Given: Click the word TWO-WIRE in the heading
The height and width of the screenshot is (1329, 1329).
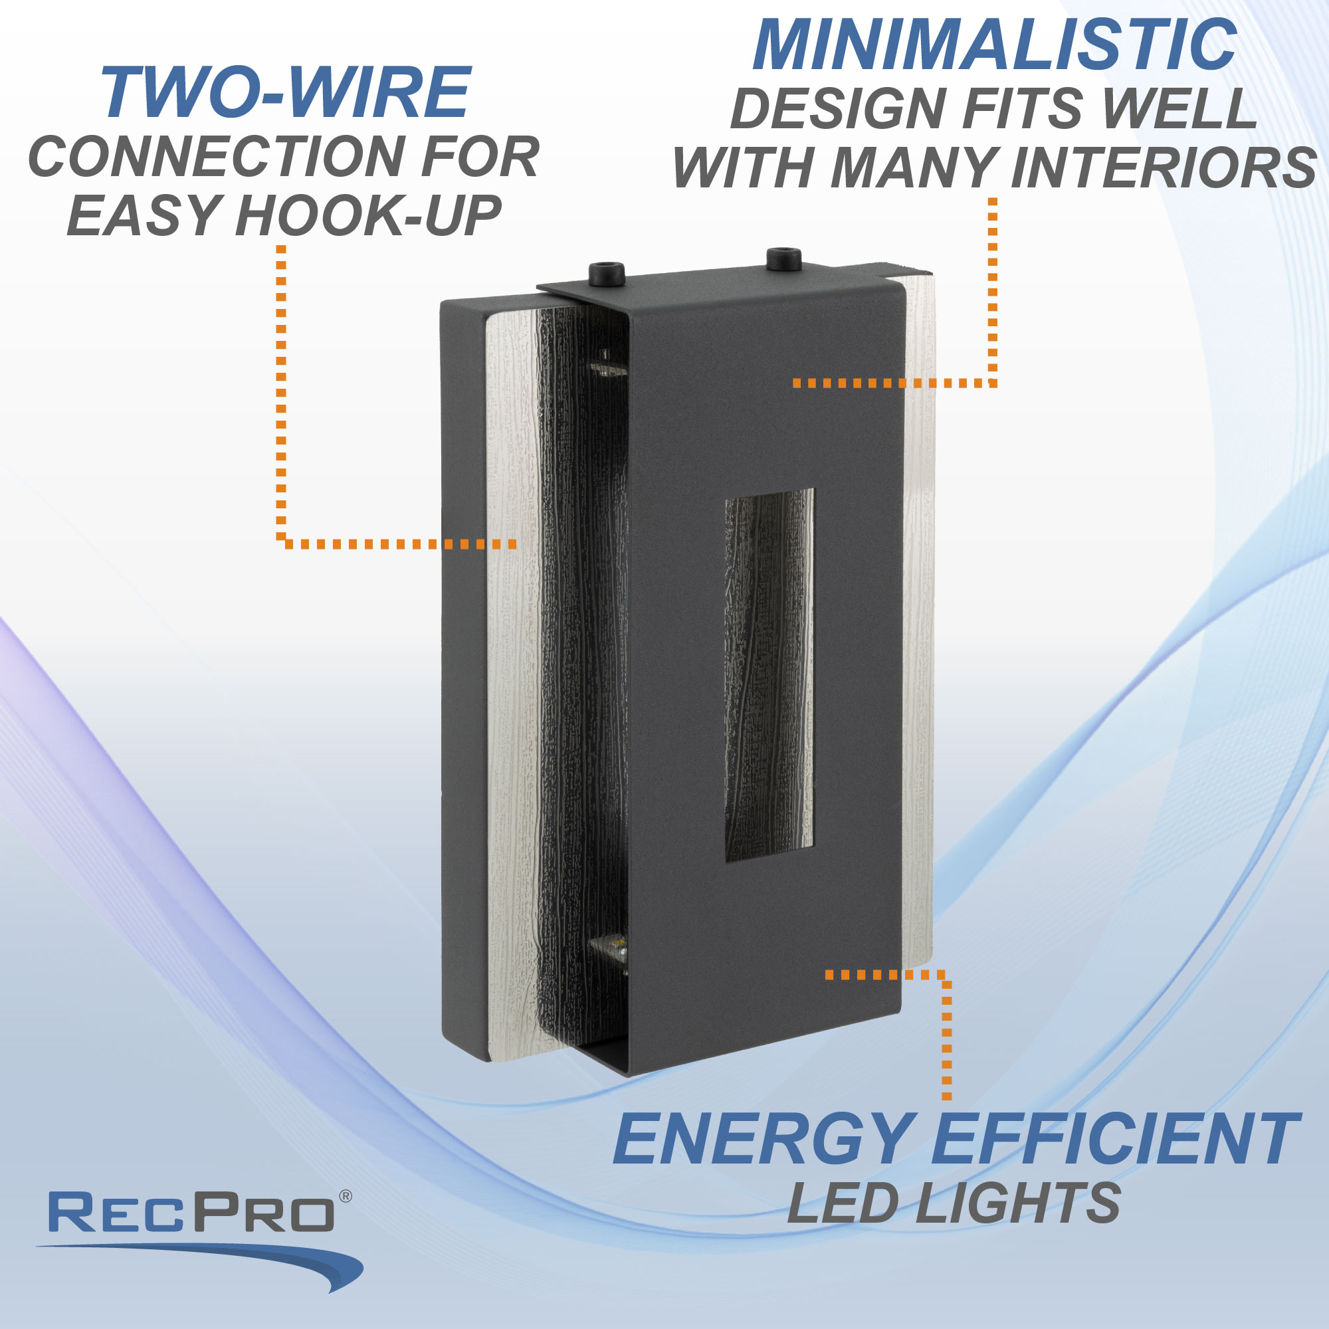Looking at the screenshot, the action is (x=286, y=94).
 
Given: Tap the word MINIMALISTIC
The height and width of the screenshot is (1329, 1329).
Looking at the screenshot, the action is (x=995, y=45).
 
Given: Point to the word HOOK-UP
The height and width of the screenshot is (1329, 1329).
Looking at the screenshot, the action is (x=368, y=216).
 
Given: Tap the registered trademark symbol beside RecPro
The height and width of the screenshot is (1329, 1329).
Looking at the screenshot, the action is (x=346, y=1197).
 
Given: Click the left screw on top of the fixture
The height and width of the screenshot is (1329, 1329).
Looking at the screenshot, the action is (x=607, y=272).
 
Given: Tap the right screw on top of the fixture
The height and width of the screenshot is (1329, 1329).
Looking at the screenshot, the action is (x=783, y=257).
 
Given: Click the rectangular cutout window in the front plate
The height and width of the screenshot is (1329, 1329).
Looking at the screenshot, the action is (x=769, y=674).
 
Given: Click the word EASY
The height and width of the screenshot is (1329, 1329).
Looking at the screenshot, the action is (x=144, y=216).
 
